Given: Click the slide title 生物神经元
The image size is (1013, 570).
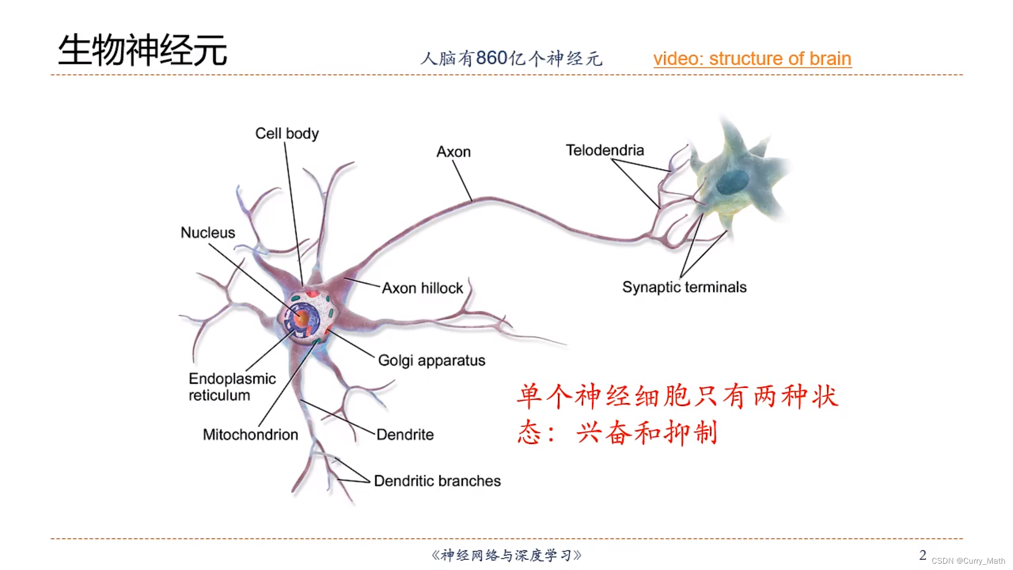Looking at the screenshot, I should tap(142, 51).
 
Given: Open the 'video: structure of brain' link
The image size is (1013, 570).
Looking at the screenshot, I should tap(752, 59).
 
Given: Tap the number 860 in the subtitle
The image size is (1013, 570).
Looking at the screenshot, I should tap(492, 58).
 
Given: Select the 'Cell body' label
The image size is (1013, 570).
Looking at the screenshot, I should tap(287, 134).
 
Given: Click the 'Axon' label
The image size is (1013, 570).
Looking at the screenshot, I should tap(453, 152).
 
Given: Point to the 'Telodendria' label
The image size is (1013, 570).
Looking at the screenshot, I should tap(605, 150).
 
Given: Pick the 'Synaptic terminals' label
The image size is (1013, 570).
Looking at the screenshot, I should tap(684, 287).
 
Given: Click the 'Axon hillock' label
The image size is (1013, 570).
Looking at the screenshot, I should tap(422, 288).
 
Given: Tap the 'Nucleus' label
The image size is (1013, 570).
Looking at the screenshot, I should tap(208, 233).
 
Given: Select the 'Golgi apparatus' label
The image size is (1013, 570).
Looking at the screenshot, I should tap(432, 360).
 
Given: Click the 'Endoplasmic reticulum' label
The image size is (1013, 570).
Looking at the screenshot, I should tap(232, 387).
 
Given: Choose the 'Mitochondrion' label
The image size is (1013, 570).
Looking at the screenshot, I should tap(251, 435).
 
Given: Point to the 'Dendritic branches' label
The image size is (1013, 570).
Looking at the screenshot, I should tap(437, 481).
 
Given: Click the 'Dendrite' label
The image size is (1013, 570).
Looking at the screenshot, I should tap(405, 435).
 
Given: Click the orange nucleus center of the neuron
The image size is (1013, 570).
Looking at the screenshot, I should tap(302, 318).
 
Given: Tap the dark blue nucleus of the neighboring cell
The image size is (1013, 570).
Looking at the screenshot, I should tap(732, 183).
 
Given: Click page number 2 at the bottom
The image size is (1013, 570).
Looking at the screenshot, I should tap(922, 555).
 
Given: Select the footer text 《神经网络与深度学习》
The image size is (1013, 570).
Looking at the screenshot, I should tap(506, 555).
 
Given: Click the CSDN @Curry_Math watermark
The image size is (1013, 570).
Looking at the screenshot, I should tap(968, 561).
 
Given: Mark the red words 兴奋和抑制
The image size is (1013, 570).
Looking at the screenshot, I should tap(647, 433).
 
